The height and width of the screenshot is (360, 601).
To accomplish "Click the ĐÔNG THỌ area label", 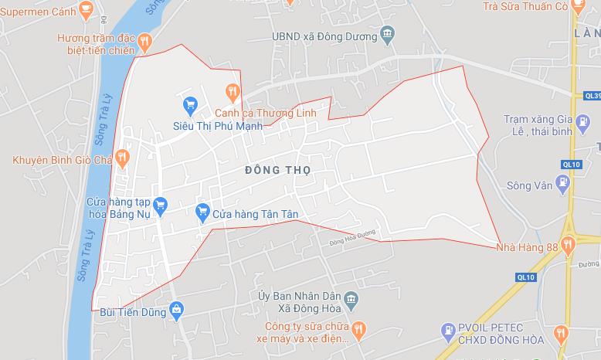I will pyautogui.click(x=277, y=169).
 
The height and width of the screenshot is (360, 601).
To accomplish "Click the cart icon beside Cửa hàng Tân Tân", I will pyautogui.click(x=203, y=210).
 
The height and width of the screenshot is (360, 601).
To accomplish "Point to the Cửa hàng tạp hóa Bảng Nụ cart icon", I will pyautogui.click(x=161, y=205).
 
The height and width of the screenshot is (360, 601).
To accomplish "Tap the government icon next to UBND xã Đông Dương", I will pyautogui.click(x=388, y=35).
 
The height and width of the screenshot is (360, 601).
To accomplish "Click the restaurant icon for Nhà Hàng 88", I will pyautogui.click(x=569, y=246).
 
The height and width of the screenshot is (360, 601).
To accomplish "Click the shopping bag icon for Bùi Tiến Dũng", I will pyautogui.click(x=177, y=311).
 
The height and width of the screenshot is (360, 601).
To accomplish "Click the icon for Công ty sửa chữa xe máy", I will pyautogui.click(x=356, y=331).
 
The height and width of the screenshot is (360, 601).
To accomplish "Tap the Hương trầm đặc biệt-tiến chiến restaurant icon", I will pyautogui.click(x=145, y=41).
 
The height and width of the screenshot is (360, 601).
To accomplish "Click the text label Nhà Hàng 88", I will pyautogui.click(x=528, y=246).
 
